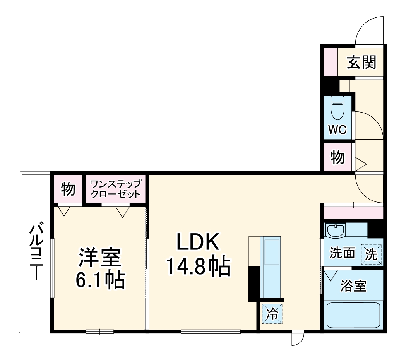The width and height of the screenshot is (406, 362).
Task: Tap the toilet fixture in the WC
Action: click(337, 107)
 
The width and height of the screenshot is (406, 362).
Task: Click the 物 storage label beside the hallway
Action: click(337, 157)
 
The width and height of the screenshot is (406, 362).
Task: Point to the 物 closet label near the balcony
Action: click(68, 189)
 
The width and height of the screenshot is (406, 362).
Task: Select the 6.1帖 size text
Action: click(100, 280)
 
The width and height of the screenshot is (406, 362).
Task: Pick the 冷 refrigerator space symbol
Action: click(272, 314)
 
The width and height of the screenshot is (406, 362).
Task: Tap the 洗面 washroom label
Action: click(342, 253)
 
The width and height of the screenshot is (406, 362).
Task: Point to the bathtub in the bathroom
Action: click(353, 315)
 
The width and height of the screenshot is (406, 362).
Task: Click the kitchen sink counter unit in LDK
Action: click(272, 267)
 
